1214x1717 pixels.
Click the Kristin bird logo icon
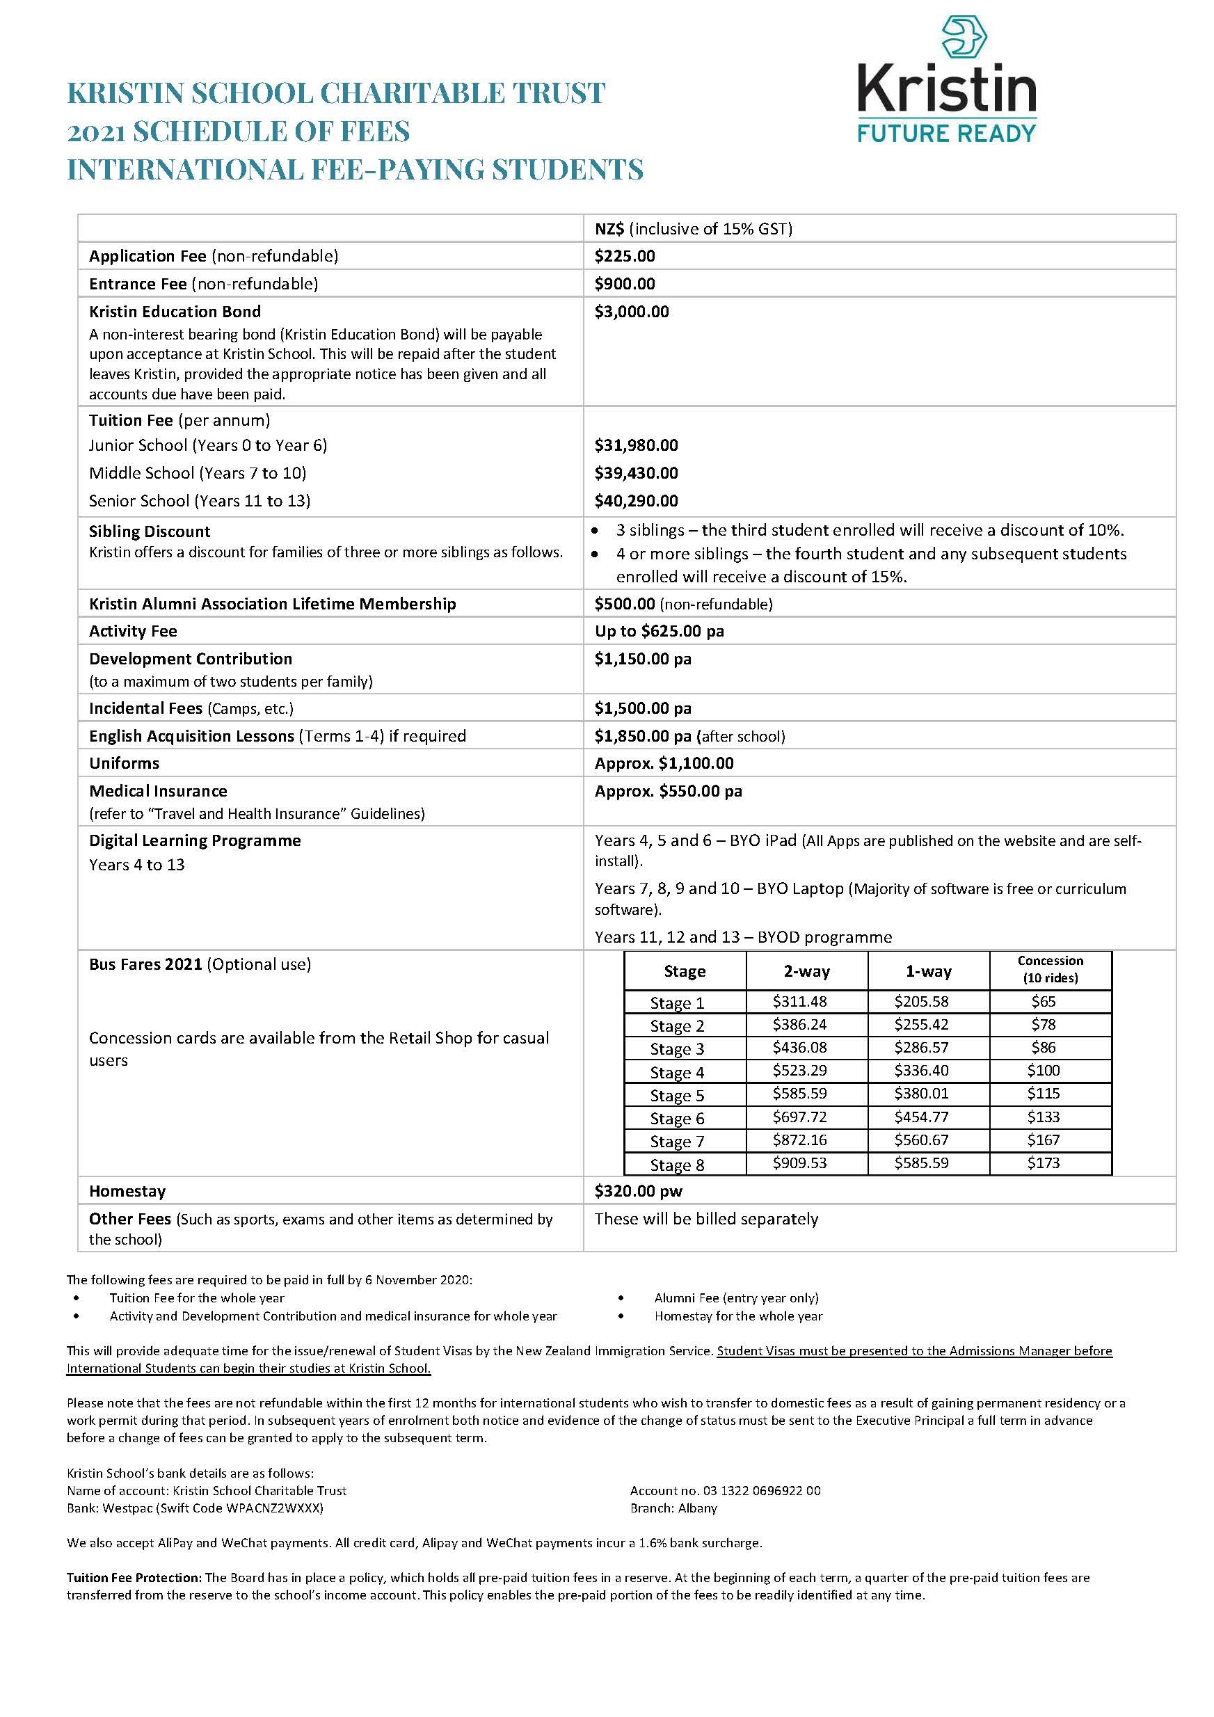[964, 38]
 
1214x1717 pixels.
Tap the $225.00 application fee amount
[625, 257]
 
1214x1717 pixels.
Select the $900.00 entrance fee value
[625, 284]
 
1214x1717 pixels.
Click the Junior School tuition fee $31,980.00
[636, 446]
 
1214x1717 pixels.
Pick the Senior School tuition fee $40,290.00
[636, 501]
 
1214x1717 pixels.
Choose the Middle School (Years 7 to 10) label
[198, 473]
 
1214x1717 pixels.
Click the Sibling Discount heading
[150, 532]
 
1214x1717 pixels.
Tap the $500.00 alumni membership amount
[625, 605]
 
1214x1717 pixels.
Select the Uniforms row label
[124, 763]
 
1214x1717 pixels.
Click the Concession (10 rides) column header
[1051, 969]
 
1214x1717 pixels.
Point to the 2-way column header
[806, 971]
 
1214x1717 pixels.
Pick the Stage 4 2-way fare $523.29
[799, 1070]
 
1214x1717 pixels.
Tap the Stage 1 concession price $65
[1043, 1001]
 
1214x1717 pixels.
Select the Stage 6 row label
[677, 1119]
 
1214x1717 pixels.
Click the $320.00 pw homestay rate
[638, 1191]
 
